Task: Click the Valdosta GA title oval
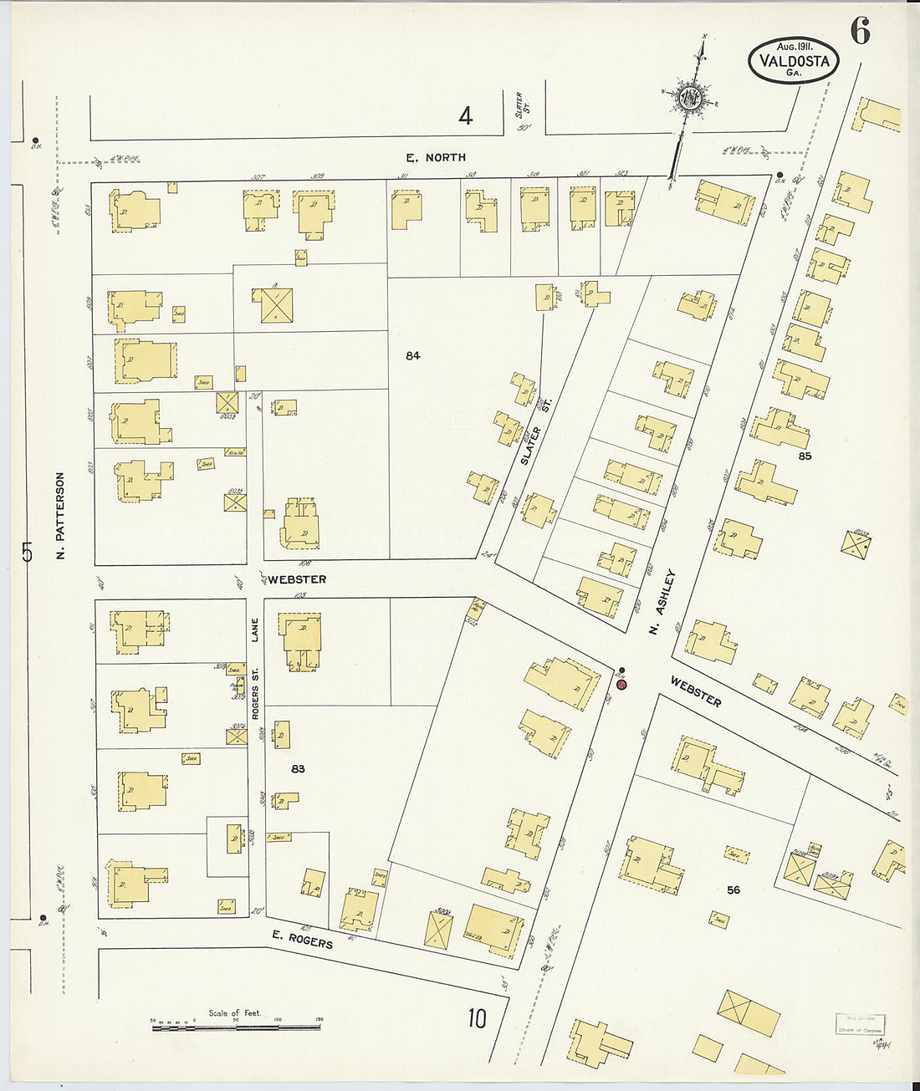click(793, 61)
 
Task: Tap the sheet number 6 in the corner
click(860, 32)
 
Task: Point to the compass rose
click(691, 98)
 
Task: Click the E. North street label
click(436, 157)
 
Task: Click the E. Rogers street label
click(302, 940)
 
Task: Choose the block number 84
click(412, 355)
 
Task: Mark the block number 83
click(298, 768)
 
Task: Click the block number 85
click(805, 456)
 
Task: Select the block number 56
click(733, 890)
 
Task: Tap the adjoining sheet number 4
click(465, 115)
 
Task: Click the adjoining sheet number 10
click(477, 1018)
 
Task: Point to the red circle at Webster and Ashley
click(621, 685)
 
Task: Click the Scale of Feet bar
click(236, 1025)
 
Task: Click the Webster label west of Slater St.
click(297, 579)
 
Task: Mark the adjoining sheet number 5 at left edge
click(27, 552)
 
